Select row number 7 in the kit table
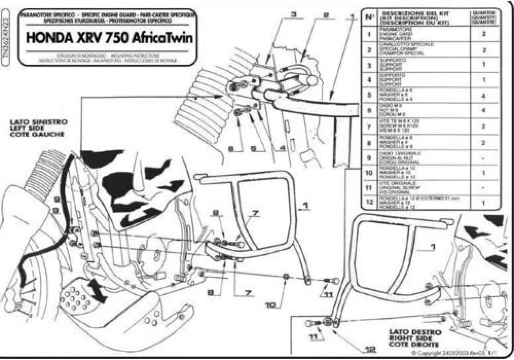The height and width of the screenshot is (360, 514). click(x=369, y=126)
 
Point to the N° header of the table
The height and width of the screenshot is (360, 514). click(x=369, y=16)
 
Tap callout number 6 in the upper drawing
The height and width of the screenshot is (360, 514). click(x=231, y=149)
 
